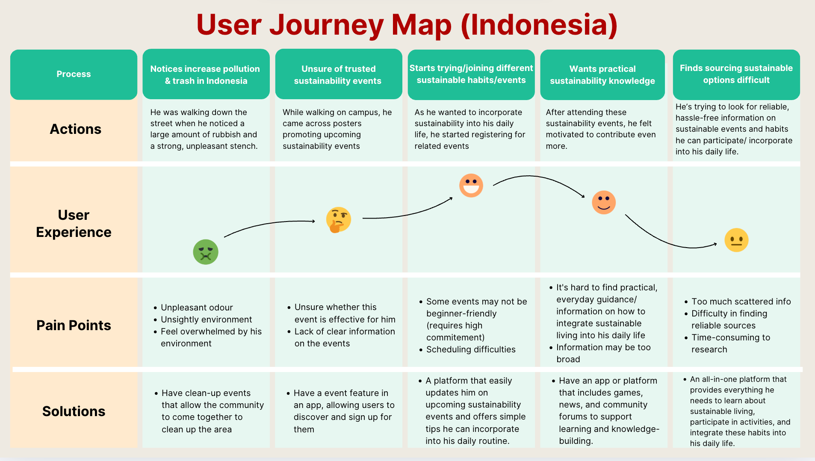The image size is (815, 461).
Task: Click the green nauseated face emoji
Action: tap(206, 252)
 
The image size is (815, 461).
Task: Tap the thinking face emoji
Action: tap(338, 219)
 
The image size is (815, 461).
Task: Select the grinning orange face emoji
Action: tap(471, 185)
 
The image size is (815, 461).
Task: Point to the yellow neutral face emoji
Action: tap(736, 240)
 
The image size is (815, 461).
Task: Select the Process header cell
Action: tap(74, 74)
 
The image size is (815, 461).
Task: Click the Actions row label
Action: tap(76, 129)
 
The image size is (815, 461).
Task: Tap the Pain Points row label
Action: tap(74, 325)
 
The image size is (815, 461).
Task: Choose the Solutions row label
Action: tap(74, 411)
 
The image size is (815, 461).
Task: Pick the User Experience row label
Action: tap(74, 223)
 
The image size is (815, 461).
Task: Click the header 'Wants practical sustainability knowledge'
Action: tap(602, 75)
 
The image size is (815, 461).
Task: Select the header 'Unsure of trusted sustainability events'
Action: tap(338, 75)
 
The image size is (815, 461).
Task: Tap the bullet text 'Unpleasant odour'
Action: tap(197, 307)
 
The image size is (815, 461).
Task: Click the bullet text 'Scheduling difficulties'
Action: tap(471, 349)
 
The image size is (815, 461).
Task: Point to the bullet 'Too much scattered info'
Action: tap(741, 301)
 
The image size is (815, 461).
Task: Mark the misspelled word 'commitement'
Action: tap(455, 337)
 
